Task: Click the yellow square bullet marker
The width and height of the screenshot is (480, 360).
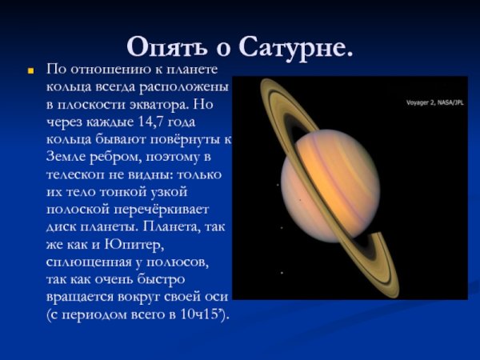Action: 31,71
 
